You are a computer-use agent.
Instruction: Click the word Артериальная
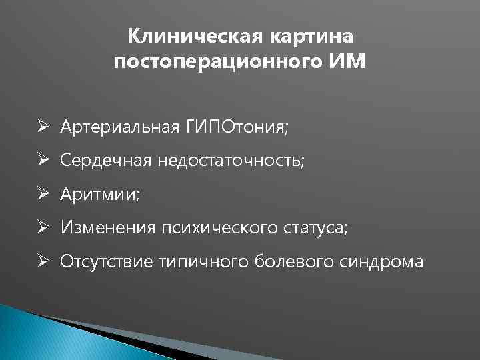click(x=117, y=127)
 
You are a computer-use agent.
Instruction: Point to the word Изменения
click(x=107, y=228)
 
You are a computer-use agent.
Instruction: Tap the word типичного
click(x=205, y=262)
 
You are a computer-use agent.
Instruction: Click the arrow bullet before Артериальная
click(x=42, y=127)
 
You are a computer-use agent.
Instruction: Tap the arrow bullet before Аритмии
click(x=42, y=194)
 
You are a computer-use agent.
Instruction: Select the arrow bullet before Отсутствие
click(x=42, y=262)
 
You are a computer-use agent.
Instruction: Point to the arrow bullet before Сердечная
click(x=42, y=161)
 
